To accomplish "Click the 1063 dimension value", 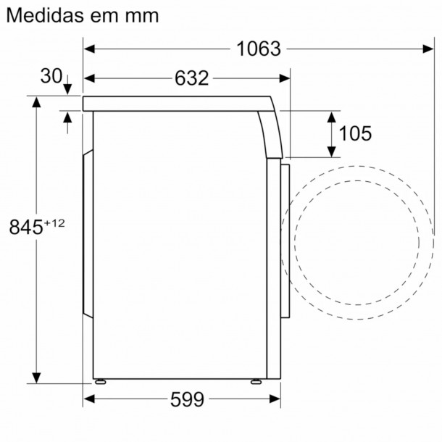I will (258, 49).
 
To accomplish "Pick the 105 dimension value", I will (355, 133).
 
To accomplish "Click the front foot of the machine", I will (255, 380).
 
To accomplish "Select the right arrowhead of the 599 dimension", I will (275, 399).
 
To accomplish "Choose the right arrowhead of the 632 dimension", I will (285, 78).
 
